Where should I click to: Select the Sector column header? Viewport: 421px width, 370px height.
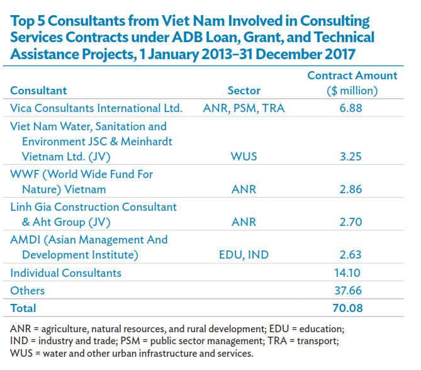point(244,91)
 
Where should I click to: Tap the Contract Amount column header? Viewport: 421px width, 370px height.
point(352,83)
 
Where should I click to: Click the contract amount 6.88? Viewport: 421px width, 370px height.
point(352,108)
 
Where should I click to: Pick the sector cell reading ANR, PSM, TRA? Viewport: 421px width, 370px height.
point(244,108)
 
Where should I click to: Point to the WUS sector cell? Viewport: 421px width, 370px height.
point(244,157)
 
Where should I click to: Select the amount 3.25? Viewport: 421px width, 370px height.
point(352,157)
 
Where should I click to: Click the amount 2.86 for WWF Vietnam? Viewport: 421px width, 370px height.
point(352,189)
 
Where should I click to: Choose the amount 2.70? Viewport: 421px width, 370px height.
point(352,223)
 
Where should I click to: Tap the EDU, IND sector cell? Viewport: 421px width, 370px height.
point(244,255)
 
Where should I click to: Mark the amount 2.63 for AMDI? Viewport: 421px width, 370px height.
point(352,255)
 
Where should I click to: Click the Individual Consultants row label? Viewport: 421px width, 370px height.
point(66,273)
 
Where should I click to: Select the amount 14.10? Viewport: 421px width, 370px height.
point(352,273)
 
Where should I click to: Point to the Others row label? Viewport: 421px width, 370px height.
point(28,291)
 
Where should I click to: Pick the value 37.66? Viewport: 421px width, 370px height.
point(352,291)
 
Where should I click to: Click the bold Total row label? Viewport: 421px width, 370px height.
point(23,308)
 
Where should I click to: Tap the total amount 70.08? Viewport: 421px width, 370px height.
point(352,308)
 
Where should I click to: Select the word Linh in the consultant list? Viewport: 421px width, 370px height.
point(22,207)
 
